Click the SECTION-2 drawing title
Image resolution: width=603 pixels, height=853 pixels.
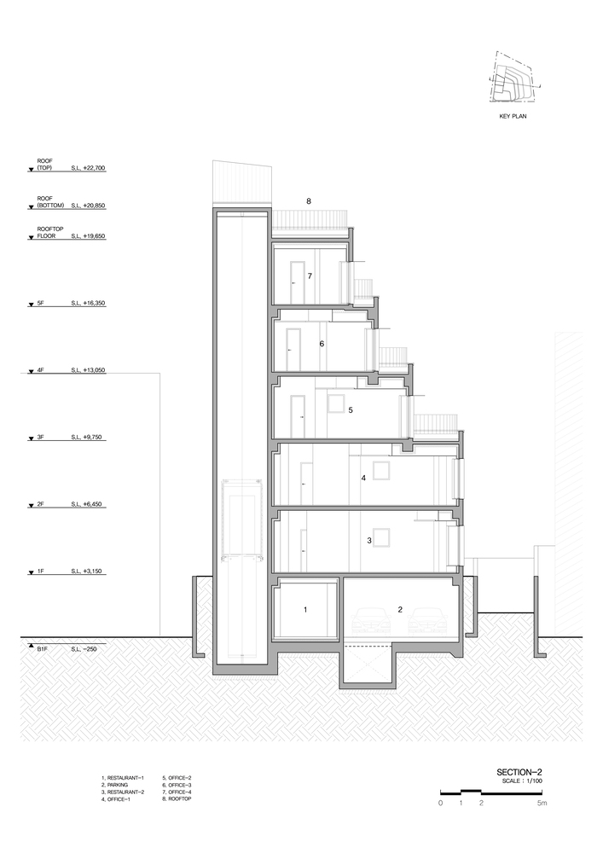tap(519, 772)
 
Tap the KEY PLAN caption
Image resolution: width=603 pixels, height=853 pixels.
tap(513, 116)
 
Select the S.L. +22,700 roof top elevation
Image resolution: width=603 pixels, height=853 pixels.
tap(88, 168)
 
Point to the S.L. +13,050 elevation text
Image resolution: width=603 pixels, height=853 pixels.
tap(88, 370)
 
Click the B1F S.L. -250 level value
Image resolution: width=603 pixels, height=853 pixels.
tap(84, 649)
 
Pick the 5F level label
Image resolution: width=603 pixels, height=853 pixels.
tap(40, 303)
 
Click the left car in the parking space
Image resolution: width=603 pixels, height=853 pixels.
tap(372, 622)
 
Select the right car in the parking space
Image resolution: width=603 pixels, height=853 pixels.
tap(428, 622)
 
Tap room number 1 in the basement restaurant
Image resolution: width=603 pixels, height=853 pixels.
tap(305, 609)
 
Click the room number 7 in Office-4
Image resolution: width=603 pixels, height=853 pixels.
tap(310, 276)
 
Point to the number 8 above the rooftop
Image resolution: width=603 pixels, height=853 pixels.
tap(309, 201)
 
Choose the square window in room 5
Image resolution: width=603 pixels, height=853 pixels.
tap(335, 404)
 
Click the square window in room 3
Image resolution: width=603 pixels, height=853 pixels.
tap(381, 537)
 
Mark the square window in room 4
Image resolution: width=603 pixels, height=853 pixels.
tap(380, 471)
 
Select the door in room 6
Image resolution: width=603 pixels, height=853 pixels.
tap(293, 350)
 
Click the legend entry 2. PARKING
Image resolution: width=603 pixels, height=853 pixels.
tap(115, 785)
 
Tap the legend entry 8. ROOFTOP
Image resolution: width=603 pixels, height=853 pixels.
tap(177, 798)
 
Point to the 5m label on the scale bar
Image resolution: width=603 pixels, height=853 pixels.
tap(542, 803)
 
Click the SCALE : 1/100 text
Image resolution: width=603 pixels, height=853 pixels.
tap(523, 780)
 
